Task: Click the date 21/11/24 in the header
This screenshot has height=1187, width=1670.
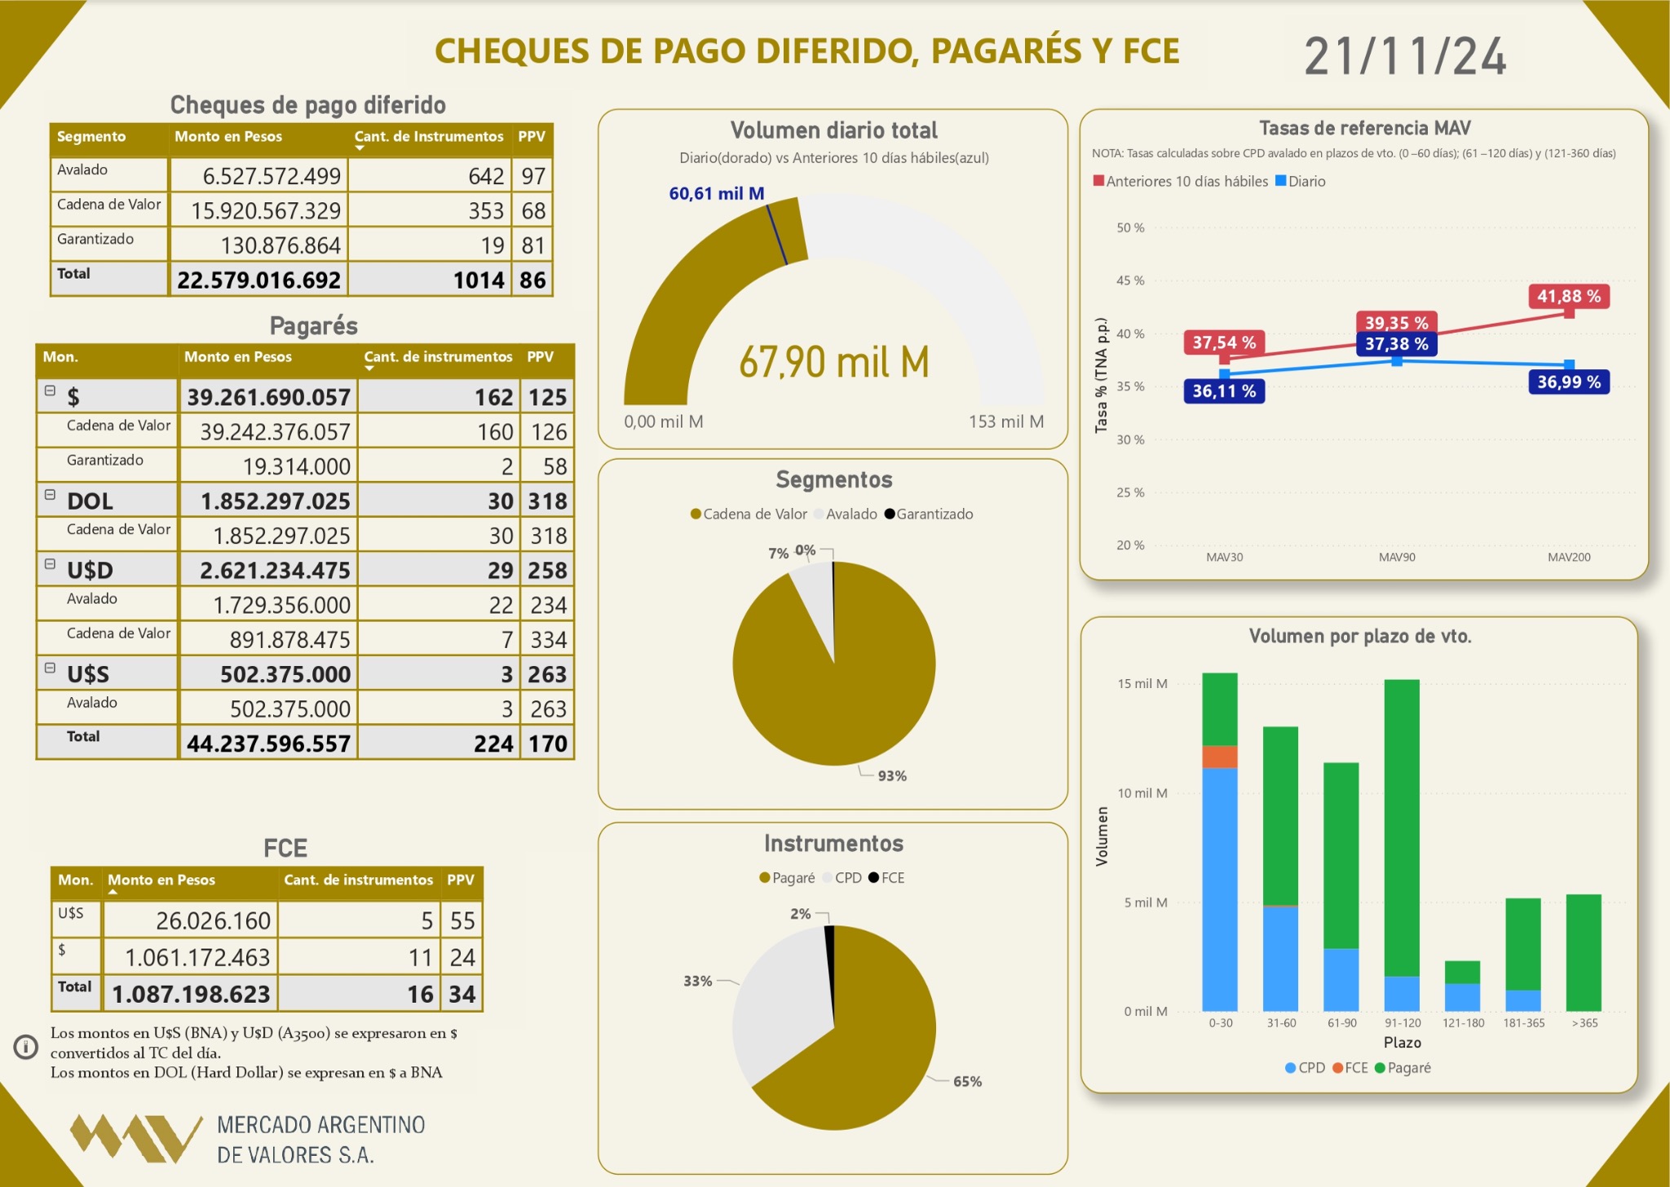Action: [x=1404, y=56]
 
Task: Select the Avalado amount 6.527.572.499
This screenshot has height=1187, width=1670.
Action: [x=272, y=176]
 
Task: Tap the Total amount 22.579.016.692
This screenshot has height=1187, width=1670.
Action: [x=258, y=280]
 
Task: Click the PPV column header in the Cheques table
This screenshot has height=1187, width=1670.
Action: [x=532, y=137]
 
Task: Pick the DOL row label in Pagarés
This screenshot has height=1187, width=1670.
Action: [x=90, y=501]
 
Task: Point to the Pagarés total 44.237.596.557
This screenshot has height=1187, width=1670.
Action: [x=268, y=744]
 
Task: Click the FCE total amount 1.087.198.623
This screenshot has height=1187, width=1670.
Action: [x=191, y=994]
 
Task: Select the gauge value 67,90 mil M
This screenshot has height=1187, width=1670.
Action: [x=833, y=363]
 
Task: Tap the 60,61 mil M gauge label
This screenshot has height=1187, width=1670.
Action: [x=716, y=194]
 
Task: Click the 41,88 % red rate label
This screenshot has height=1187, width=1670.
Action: [x=1568, y=296]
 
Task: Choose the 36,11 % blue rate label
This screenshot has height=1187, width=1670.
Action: [x=1223, y=391]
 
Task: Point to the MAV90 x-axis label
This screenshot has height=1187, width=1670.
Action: [x=1396, y=558]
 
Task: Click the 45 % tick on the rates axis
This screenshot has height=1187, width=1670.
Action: [x=1130, y=280]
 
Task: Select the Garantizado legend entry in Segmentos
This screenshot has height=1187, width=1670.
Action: [x=929, y=514]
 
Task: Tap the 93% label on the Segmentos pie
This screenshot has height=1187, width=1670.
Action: [x=891, y=776]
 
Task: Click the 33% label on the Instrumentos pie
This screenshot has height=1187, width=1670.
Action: [x=697, y=981]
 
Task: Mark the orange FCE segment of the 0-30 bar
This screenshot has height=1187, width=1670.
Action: [x=1219, y=757]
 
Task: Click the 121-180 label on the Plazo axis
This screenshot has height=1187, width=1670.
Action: [x=1463, y=1023]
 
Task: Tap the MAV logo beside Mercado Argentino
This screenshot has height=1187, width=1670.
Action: [x=135, y=1137]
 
